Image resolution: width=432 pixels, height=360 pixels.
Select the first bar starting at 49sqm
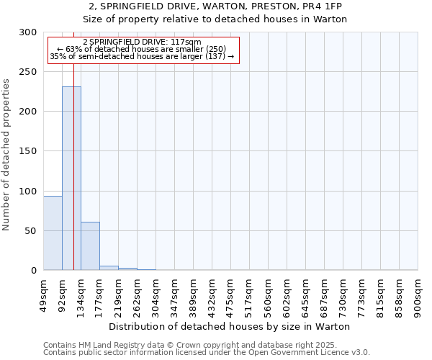[x=53, y=233]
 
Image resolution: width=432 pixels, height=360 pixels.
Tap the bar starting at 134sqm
[x=90, y=246]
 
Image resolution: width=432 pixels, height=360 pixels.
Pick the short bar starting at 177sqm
[x=109, y=268]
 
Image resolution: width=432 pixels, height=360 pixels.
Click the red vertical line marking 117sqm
[x=73, y=144]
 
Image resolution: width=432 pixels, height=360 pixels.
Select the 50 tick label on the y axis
[x=31, y=231]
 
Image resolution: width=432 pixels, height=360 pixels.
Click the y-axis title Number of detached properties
[x=6, y=155]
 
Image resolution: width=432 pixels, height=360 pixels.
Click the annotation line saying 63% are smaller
[x=143, y=49]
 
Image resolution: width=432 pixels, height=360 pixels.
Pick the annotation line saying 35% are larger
[x=143, y=56]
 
